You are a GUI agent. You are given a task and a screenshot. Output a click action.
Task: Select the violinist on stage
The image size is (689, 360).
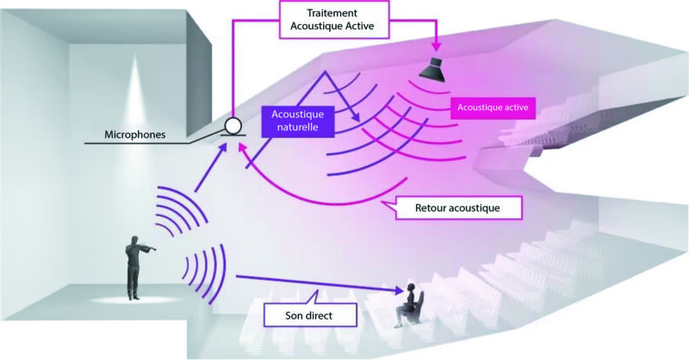click(134, 264)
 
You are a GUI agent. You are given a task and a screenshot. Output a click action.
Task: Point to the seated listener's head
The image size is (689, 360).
click(412, 288)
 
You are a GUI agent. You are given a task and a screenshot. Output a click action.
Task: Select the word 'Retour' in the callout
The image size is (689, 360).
click(425, 208)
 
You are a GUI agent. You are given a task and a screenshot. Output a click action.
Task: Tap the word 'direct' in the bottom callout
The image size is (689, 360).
click(322, 316)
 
